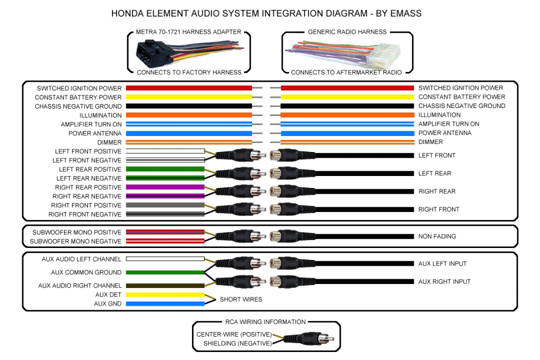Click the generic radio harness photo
point(347,53)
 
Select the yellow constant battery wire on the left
point(189,97)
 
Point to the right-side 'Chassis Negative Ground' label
point(462,106)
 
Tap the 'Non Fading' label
point(437,236)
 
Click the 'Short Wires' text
point(241,299)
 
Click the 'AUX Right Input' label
point(445,282)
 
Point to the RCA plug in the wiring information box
point(303,338)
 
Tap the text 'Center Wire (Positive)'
point(234,334)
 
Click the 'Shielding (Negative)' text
point(237,343)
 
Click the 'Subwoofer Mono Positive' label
point(77,233)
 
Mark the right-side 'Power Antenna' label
point(445,133)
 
